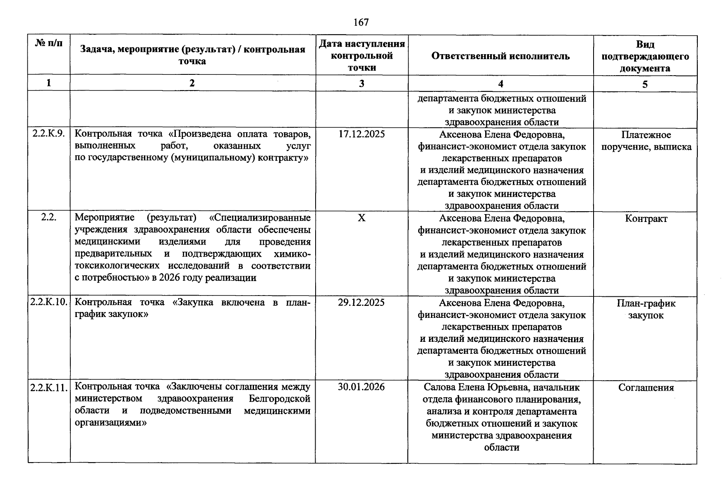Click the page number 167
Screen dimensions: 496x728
coord(361,22)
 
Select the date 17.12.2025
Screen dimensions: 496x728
coord(361,134)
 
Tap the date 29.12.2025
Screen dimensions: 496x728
coord(361,303)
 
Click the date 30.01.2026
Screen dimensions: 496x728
coord(361,387)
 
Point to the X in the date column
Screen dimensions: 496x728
coord(361,218)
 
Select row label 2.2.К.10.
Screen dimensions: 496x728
coord(49,303)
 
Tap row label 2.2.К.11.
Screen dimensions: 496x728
coord(49,388)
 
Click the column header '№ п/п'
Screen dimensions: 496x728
coord(49,43)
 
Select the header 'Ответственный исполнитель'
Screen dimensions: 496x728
coord(500,56)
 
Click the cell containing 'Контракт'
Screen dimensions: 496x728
coord(646,219)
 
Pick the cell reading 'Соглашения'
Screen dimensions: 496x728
coord(646,388)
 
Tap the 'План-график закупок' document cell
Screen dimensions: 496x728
coord(646,309)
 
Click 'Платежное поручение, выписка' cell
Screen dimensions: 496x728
coord(646,141)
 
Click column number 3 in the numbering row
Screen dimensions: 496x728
coord(361,83)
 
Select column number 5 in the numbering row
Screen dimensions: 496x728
coord(644,84)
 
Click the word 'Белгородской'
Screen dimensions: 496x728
coord(280,399)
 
